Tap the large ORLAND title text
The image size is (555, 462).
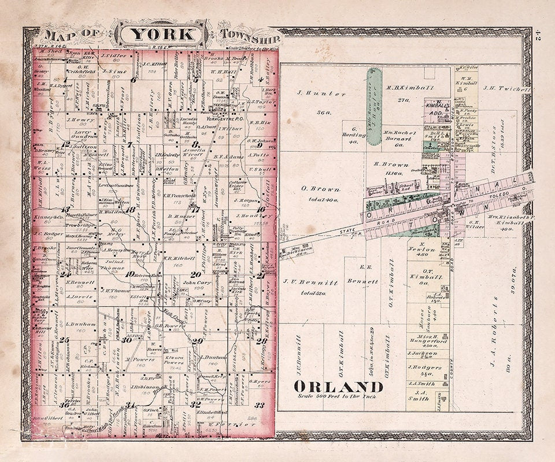point(330,386)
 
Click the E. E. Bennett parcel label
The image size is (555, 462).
point(364,274)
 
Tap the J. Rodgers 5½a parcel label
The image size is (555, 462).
point(428,370)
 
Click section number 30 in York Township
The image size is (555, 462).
point(127,340)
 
